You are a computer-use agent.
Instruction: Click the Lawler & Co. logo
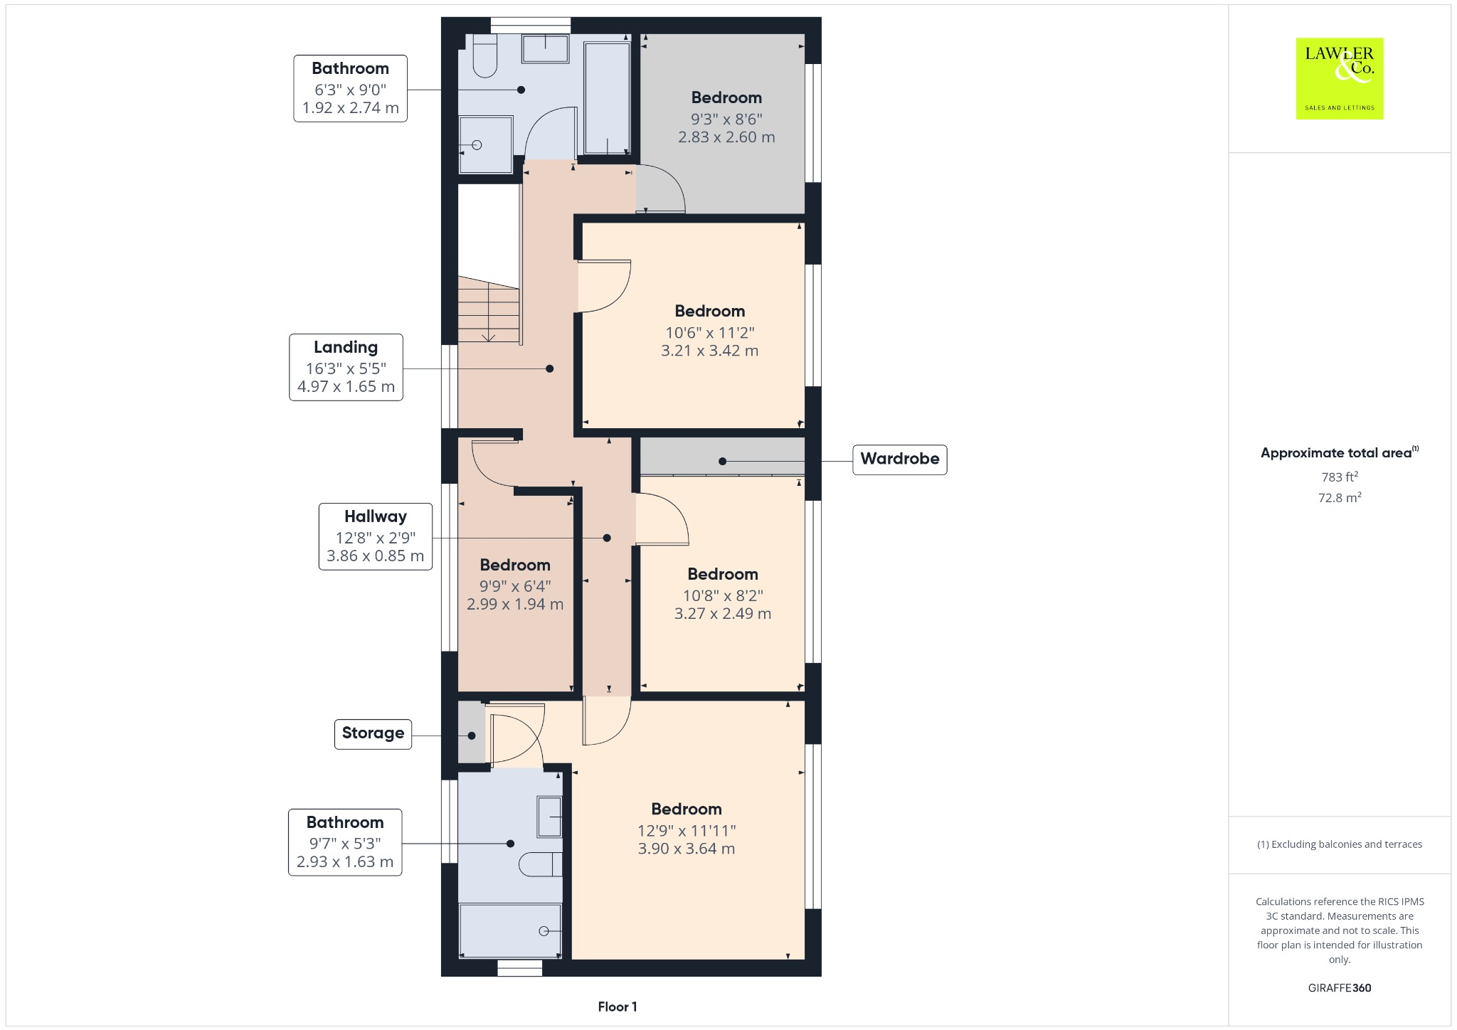click(1339, 78)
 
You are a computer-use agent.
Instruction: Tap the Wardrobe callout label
click(899, 459)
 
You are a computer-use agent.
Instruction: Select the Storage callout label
click(373, 733)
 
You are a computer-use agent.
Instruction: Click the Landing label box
click(346, 367)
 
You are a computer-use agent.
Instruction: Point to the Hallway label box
click(375, 536)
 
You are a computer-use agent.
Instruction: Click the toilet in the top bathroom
click(484, 58)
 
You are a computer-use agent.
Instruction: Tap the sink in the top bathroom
click(546, 50)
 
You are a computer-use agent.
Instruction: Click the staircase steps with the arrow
click(488, 311)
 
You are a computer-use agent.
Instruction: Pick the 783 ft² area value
click(1339, 477)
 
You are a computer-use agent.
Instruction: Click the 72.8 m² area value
click(1339, 497)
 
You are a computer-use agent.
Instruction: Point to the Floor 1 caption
click(617, 1007)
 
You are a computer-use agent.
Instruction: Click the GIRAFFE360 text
click(1339, 987)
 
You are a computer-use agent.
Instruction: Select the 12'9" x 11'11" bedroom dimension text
click(686, 830)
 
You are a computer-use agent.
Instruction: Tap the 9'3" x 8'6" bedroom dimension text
click(726, 119)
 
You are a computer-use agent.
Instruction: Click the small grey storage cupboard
click(471, 733)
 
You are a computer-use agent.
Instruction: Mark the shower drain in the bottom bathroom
click(544, 931)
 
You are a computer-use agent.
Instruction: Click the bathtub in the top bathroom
click(607, 97)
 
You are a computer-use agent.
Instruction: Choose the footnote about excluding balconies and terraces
click(1339, 844)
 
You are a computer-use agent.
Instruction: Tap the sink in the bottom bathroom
click(549, 817)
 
